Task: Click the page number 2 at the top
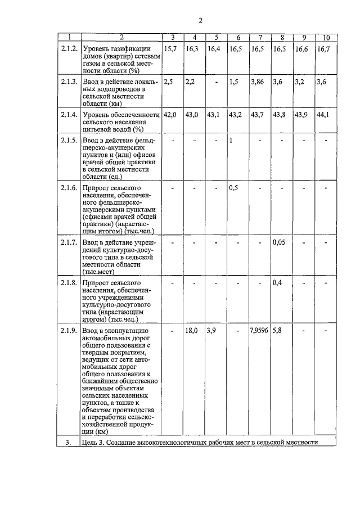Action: [200, 21]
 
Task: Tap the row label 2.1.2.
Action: [69, 49]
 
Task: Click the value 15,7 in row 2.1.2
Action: [170, 49]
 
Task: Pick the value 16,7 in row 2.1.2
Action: [323, 49]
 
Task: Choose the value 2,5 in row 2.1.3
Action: [168, 82]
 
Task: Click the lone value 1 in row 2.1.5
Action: [231, 139]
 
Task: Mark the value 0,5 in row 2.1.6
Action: [235, 187]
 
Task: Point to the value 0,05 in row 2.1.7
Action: [280, 242]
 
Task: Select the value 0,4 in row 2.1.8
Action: [277, 282]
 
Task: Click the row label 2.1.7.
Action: [69, 242]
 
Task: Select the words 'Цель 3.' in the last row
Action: [95, 442]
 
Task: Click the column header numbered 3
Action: [172, 38]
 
